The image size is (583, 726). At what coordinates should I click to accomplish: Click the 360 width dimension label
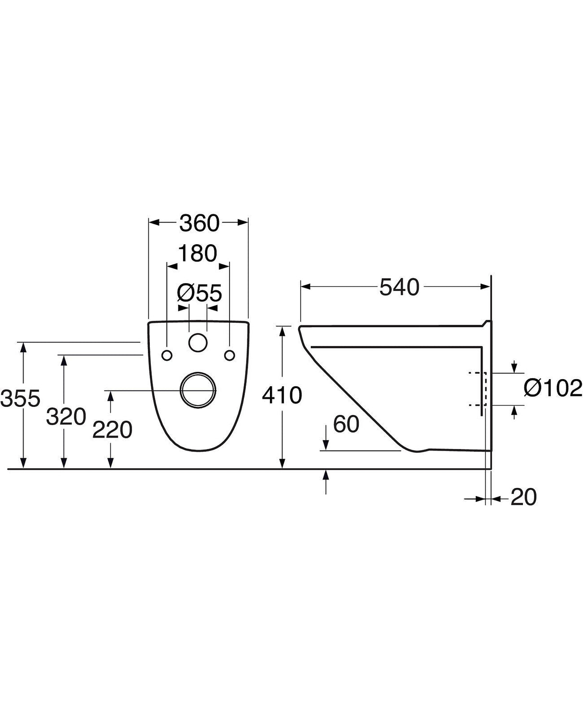coord(199,223)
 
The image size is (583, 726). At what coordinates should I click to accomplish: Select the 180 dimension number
coord(197,253)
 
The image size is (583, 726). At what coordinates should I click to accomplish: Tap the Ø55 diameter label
coord(199,293)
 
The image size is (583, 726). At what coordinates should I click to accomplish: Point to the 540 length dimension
coord(400,287)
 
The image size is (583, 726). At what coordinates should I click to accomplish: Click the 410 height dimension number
coord(282,395)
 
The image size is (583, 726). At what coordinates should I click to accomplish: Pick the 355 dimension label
coord(20,398)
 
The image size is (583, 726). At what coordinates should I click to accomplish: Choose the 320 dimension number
coord(66,417)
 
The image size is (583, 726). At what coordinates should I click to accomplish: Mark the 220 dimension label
coord(112,430)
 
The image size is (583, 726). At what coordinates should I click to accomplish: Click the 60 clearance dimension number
coord(346,424)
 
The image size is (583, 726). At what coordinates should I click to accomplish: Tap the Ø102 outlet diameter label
coord(553,388)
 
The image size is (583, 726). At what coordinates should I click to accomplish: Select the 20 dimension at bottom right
coord(523,497)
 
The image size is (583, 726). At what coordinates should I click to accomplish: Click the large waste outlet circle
coord(198,390)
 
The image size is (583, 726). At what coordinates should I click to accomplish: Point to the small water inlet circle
coord(198,343)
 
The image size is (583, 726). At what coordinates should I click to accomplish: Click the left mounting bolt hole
coord(167,355)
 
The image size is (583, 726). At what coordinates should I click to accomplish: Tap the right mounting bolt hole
coord(230,355)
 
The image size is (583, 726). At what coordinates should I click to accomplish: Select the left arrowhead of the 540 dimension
coord(305,287)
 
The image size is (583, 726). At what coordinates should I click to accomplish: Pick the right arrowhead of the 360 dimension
coord(243,222)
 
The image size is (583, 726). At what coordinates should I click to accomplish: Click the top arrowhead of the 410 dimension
coord(283,332)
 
